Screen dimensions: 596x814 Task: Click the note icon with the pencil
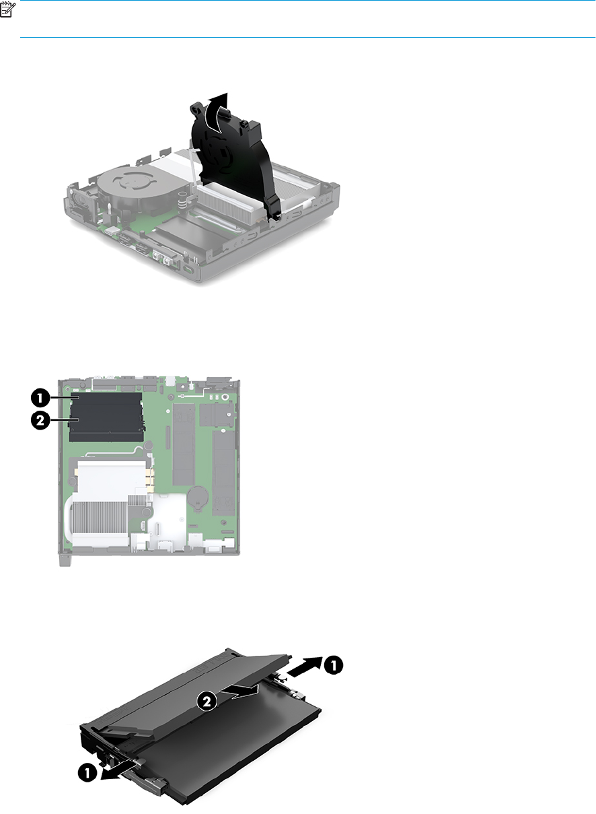click(7, 9)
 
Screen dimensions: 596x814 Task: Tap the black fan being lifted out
click(233, 160)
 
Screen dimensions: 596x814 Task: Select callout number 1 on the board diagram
click(40, 397)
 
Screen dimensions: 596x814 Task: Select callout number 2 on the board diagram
click(40, 420)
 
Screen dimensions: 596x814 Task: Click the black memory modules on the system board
click(106, 417)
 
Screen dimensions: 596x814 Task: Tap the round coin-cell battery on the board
click(198, 498)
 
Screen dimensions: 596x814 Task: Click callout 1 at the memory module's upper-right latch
click(333, 665)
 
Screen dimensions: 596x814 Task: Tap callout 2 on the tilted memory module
click(207, 701)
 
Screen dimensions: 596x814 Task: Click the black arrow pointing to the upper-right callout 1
click(304, 667)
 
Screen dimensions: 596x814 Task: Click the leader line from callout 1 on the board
click(65, 397)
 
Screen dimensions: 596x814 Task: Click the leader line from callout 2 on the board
click(65, 420)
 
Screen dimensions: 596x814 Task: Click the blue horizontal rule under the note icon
click(308, 37)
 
